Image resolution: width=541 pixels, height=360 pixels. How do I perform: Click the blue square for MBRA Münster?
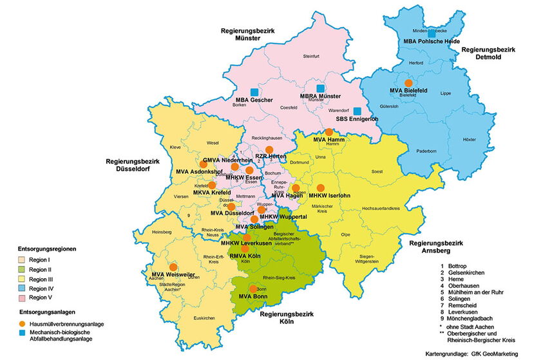tap(320, 89)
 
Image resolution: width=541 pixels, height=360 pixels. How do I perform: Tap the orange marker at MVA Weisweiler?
tap(173, 266)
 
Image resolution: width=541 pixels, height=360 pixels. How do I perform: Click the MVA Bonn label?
tap(253, 296)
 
